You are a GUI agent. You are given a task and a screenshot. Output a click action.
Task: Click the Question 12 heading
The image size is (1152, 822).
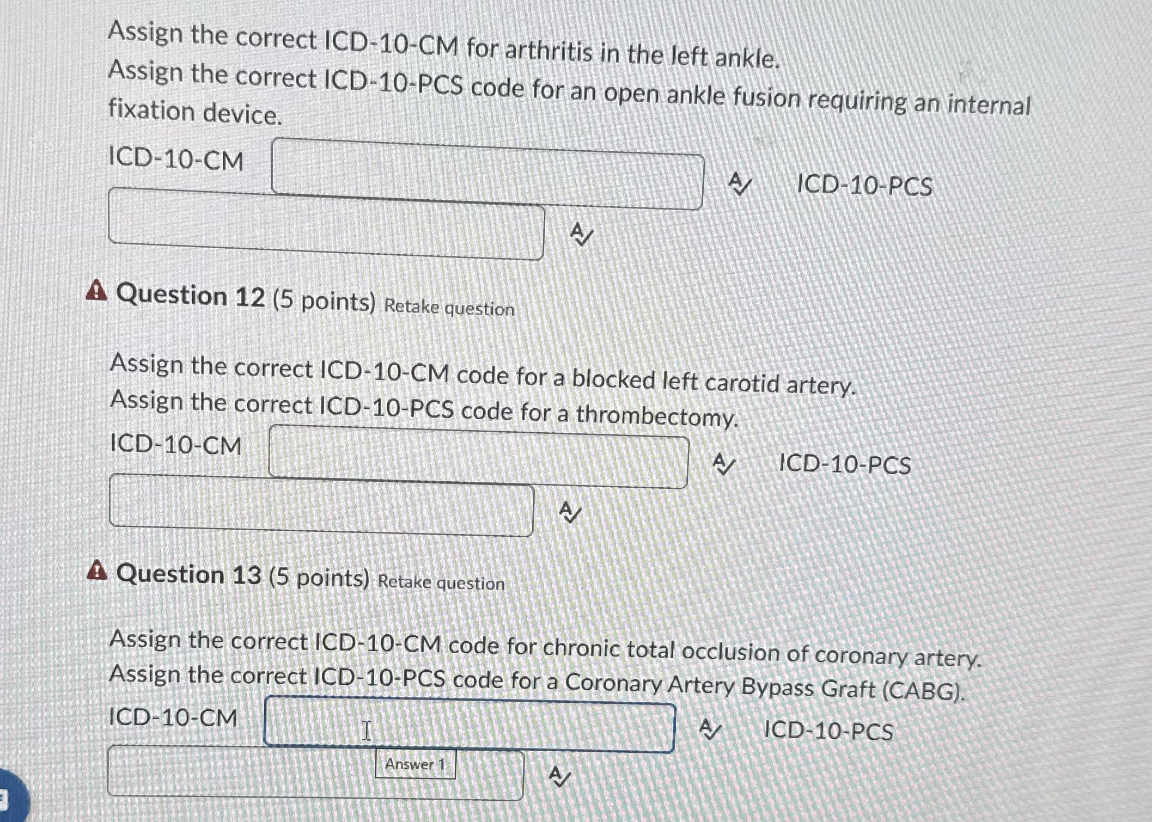coord(191,296)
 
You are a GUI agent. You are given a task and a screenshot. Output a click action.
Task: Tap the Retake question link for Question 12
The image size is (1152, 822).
coord(449,308)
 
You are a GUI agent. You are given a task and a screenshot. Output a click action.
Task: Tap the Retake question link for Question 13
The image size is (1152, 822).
coord(441,582)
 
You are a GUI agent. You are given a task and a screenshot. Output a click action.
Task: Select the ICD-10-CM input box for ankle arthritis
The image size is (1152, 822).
coord(487,173)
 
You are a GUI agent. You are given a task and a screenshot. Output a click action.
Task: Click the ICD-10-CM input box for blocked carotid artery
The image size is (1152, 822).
coord(478,457)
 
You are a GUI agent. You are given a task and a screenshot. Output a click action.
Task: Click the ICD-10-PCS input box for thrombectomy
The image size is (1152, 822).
coord(321,505)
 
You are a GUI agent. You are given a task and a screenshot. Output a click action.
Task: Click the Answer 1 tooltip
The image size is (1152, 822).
coord(415,764)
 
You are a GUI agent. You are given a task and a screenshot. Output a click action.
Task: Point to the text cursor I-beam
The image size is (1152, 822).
coord(367,730)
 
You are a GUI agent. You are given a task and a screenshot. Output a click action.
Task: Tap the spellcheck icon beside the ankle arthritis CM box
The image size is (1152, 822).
coord(740,185)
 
